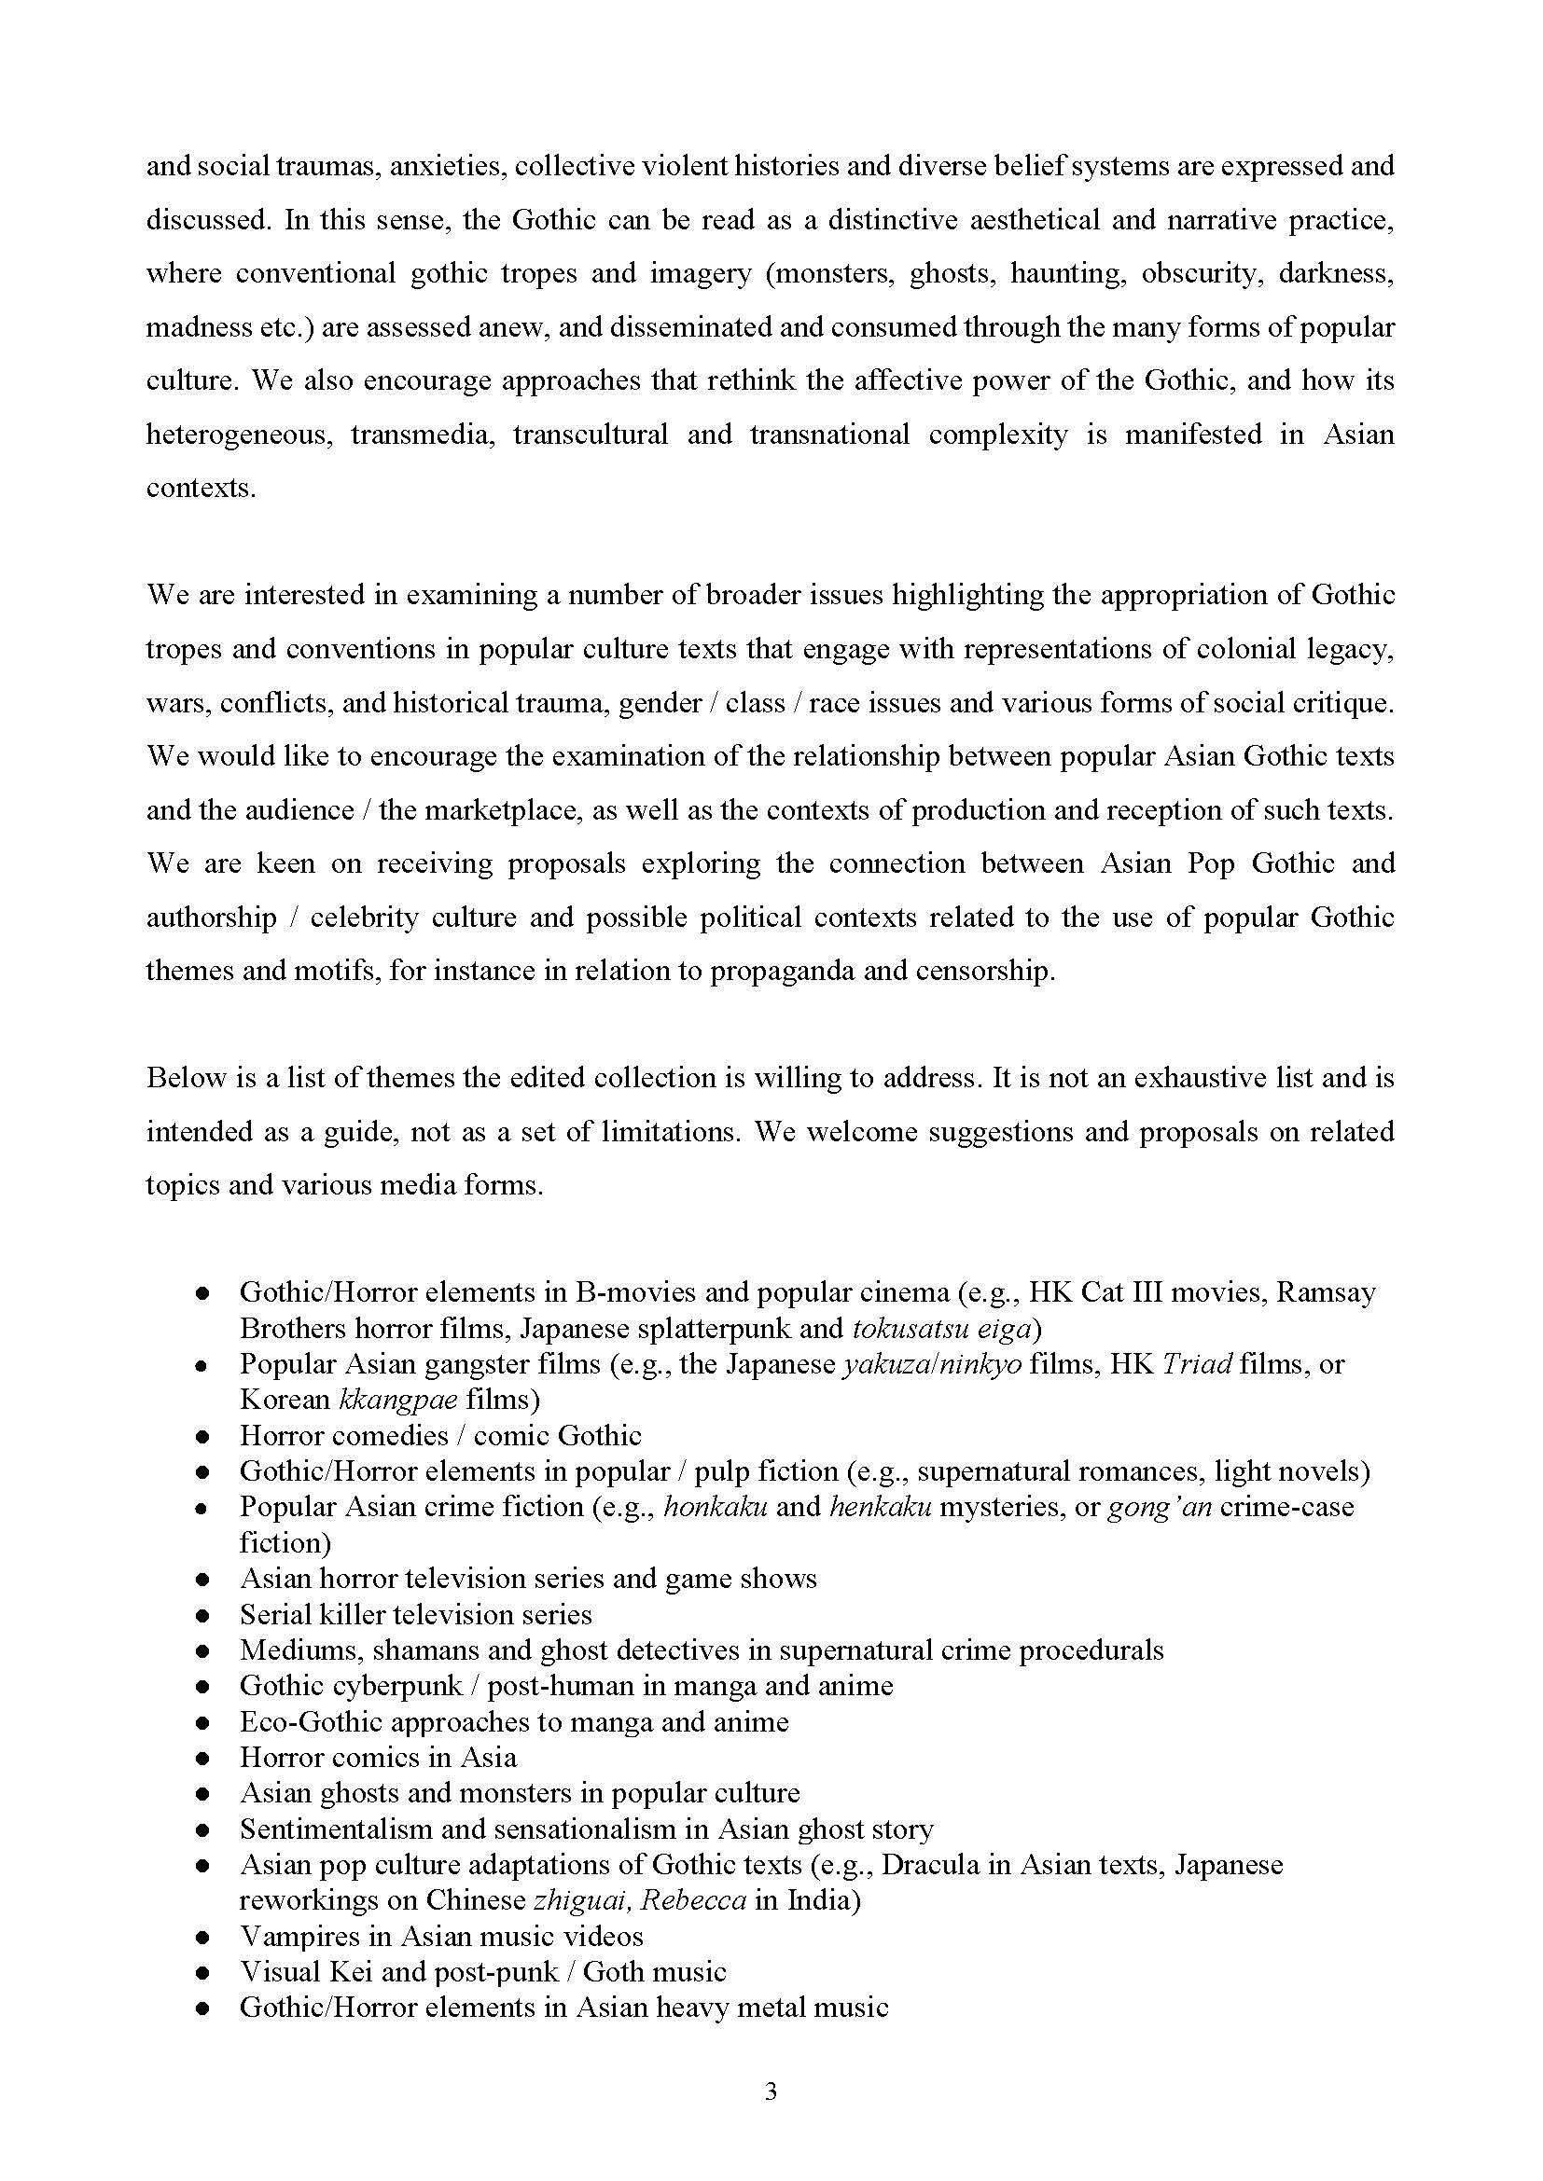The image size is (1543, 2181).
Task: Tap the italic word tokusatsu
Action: pyautogui.click(x=910, y=1327)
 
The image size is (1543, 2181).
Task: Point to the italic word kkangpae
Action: pyautogui.click(x=398, y=1400)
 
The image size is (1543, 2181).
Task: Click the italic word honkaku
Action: pyautogui.click(x=716, y=1507)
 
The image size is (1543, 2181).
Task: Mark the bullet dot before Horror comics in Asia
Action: pyautogui.click(x=202, y=1758)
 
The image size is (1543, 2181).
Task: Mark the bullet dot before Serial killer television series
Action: pyautogui.click(x=202, y=1615)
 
